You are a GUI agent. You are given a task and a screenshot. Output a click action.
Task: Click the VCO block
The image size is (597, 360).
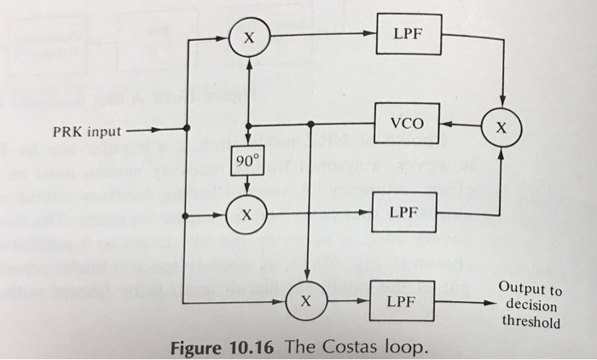click(x=407, y=123)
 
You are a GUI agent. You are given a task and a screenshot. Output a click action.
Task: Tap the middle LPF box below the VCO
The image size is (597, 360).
click(x=407, y=211)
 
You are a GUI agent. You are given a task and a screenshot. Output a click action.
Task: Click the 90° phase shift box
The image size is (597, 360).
click(x=246, y=160)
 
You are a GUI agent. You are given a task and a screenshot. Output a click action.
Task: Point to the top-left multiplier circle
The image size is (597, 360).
click(x=248, y=38)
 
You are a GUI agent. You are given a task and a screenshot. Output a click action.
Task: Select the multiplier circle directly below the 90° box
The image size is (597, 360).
click(x=247, y=213)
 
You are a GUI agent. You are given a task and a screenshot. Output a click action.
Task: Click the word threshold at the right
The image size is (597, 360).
click(x=531, y=322)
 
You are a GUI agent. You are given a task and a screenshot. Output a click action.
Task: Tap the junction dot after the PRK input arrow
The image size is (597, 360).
click(x=188, y=131)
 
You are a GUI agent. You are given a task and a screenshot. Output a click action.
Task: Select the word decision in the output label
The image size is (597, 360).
click(x=530, y=306)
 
